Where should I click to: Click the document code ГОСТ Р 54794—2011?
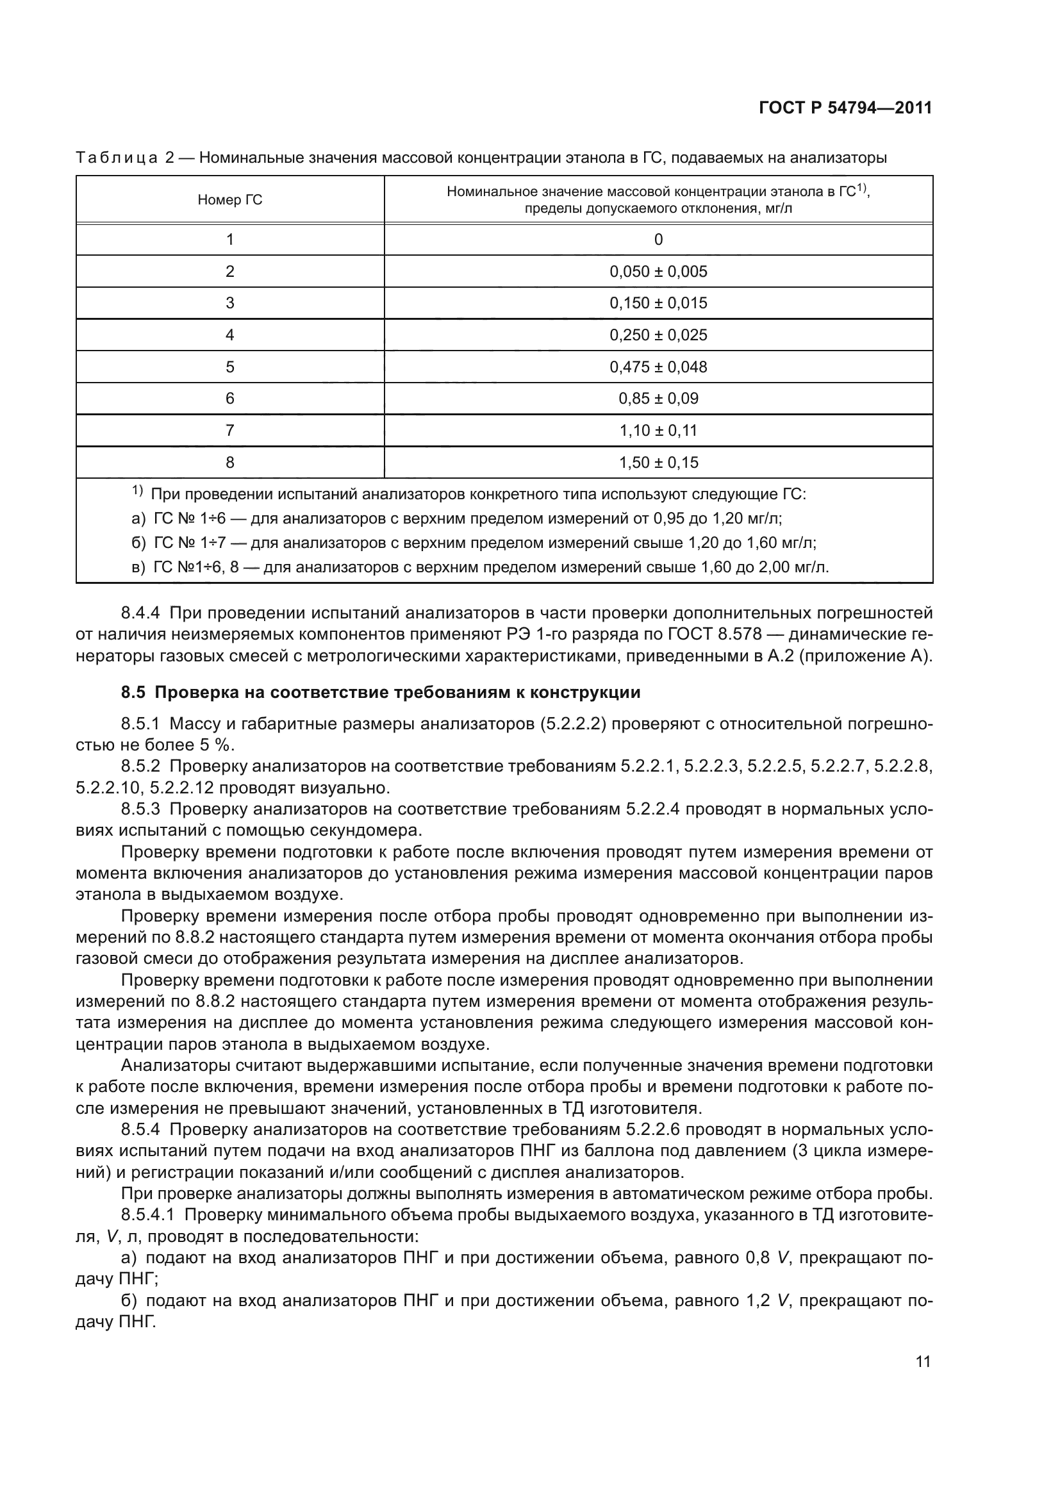[x=845, y=108]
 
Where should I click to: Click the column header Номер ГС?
[x=230, y=200]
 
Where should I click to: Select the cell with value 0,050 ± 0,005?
[x=658, y=272]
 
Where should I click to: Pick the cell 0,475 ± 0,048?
[x=658, y=367]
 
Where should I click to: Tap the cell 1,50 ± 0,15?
[x=658, y=463]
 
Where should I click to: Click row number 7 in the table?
[x=230, y=431]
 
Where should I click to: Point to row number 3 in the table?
[x=230, y=304]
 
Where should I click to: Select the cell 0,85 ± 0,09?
[x=658, y=399]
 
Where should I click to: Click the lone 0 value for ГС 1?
[x=658, y=240]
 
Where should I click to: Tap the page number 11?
[x=923, y=1362]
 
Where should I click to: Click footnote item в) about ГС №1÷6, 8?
[x=480, y=567]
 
